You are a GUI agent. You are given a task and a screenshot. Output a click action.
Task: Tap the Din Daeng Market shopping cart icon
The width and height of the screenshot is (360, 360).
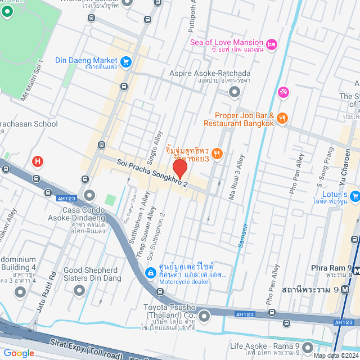pos(126,61)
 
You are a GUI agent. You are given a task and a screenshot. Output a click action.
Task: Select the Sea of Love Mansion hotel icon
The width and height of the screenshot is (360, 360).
pos(272,44)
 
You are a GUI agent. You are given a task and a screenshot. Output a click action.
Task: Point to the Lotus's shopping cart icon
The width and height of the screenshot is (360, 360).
pos(355,196)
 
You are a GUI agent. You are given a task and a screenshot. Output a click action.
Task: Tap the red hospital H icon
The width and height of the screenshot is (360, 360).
pos(38,162)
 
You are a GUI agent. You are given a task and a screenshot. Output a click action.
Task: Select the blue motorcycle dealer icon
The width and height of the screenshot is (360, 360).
pos(151,273)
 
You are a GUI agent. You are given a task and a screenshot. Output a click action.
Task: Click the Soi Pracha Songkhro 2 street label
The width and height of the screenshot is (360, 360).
pos(160,173)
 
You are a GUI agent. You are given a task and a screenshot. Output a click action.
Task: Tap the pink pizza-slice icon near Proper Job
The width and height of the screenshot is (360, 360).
pos(283,92)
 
